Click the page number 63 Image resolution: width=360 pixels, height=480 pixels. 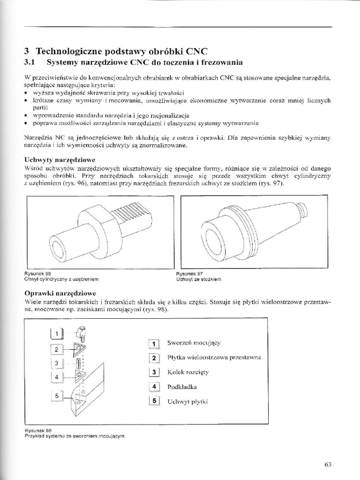tap(328, 465)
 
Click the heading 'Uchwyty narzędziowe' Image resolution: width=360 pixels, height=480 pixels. tap(60, 160)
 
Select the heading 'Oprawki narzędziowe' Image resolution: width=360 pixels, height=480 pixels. tap(60, 293)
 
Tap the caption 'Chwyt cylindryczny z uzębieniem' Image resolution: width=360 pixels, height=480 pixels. tap(61, 279)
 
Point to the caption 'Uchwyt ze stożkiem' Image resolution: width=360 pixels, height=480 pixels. tap(199, 279)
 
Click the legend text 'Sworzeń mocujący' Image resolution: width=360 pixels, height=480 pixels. tap(194, 343)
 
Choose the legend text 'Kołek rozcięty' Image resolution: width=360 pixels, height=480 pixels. tap(188, 372)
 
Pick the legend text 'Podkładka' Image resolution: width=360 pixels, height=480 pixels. tap(182, 387)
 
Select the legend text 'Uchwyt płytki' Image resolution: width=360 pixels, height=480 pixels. tap(187, 402)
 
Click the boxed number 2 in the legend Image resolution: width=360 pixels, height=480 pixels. tap(154, 358)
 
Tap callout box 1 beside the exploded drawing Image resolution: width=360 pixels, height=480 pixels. tap(57, 334)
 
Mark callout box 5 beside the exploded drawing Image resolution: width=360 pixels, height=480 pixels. tap(57, 396)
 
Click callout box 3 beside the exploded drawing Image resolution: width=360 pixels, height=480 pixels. tap(57, 363)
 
